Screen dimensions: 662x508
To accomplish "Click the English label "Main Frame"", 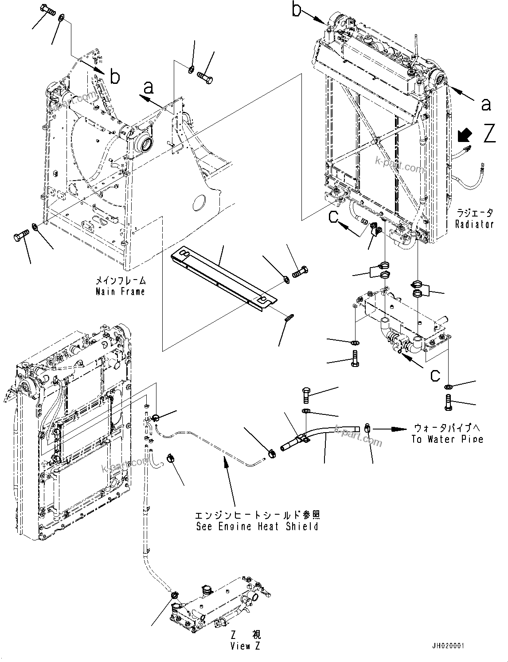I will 120,292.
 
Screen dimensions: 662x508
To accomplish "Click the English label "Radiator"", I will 474,224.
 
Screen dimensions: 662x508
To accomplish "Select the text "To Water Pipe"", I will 447,439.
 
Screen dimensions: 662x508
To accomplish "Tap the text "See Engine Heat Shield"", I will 257,527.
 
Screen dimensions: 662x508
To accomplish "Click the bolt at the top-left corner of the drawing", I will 47,10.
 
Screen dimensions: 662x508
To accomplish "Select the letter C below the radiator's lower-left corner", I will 335,217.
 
